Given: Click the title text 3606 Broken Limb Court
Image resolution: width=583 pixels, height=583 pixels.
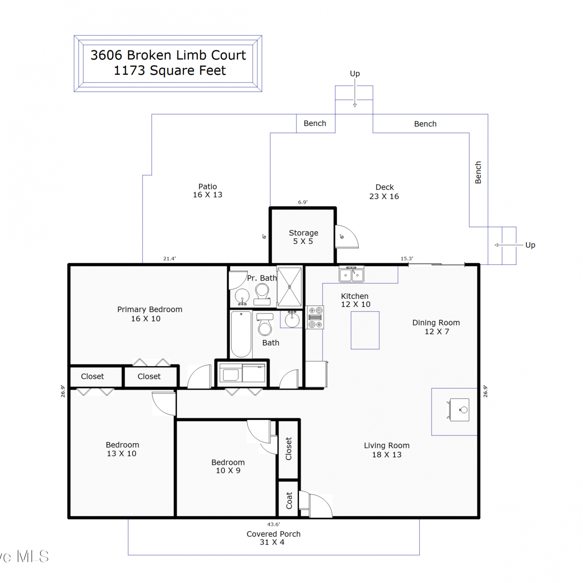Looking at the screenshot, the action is click(x=168, y=55).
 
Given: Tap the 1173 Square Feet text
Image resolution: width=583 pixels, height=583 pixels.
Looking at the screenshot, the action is click(x=170, y=70).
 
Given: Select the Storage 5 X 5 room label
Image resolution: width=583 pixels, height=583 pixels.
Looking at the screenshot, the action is click(x=304, y=237).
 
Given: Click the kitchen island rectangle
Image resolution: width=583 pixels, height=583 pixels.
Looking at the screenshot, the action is click(x=365, y=330).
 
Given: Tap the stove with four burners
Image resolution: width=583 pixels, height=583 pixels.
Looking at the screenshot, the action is click(x=315, y=318).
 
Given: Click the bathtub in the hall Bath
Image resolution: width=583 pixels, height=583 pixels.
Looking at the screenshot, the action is click(x=241, y=334).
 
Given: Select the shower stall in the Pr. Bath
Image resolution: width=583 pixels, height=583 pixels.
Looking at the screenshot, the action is click(x=290, y=287).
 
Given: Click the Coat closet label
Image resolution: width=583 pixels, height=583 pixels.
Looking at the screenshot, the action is click(x=289, y=501).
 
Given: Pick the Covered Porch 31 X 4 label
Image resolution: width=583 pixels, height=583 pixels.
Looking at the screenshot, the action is click(x=273, y=538).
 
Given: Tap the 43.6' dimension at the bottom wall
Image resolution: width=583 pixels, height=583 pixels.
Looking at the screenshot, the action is click(x=273, y=524).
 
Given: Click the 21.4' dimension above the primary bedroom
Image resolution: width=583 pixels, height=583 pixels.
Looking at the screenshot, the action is click(x=169, y=258).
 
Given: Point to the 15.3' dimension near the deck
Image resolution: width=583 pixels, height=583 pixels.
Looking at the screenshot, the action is click(x=407, y=258).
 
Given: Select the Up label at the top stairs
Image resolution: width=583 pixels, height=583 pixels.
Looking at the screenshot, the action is click(x=355, y=74).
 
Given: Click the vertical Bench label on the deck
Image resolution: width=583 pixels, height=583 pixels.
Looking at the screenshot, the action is click(x=478, y=173).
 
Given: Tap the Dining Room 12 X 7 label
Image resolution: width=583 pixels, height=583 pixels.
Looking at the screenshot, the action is click(x=436, y=327).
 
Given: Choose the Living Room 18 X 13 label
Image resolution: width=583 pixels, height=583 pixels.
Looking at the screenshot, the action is click(x=387, y=450).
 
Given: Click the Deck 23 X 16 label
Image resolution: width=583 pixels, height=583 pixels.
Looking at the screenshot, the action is click(x=384, y=192).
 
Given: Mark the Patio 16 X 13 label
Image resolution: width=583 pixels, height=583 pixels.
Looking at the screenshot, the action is click(x=208, y=191).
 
